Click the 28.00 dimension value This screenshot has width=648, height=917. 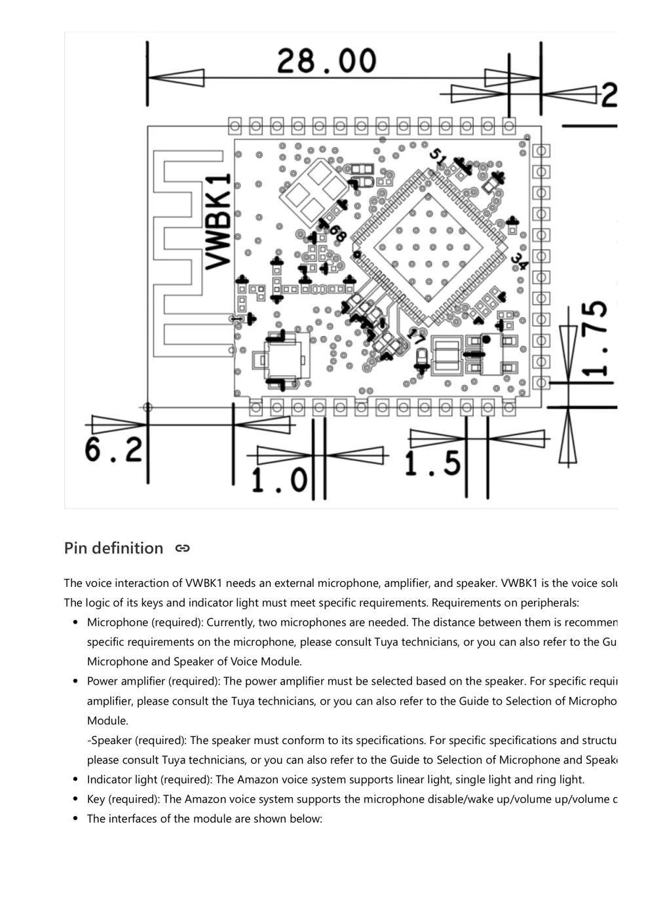pyautogui.click(x=326, y=61)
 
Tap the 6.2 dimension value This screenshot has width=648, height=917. pyautogui.click(x=113, y=450)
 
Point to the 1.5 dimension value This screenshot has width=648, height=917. pyautogui.click(x=432, y=464)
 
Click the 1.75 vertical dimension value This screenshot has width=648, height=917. pyautogui.click(x=595, y=338)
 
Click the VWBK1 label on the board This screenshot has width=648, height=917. pyautogui.click(x=219, y=221)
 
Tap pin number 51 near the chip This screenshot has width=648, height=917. pyautogui.click(x=438, y=157)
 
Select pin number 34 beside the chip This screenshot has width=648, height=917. pyautogui.click(x=519, y=261)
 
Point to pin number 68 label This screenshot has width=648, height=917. pyautogui.click(x=337, y=232)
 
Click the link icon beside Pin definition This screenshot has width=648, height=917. pyautogui.click(x=182, y=548)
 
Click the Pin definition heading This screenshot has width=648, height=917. pyautogui.click(x=113, y=548)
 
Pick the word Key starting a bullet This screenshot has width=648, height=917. pyautogui.click(x=96, y=799)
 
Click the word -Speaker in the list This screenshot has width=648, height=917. pyautogui.click(x=109, y=740)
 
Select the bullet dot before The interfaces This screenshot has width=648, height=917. pyautogui.click(x=75, y=819)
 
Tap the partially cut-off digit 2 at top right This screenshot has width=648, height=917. pyautogui.click(x=609, y=96)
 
